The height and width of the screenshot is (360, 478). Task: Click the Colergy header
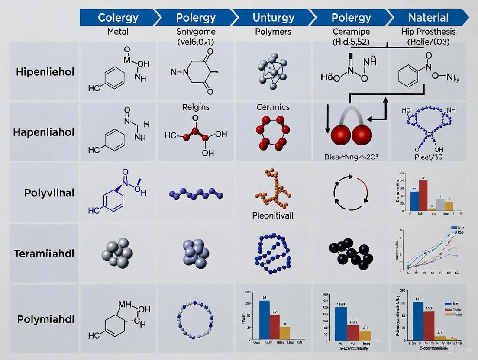118,18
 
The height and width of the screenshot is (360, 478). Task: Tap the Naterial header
429,18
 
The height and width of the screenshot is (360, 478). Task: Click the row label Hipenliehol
45,72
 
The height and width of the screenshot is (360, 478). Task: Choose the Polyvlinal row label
49,193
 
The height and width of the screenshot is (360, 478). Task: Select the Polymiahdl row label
46,319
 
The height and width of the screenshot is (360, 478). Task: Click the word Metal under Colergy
118,32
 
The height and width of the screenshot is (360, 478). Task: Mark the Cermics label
273,107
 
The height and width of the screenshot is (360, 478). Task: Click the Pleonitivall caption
273,215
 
